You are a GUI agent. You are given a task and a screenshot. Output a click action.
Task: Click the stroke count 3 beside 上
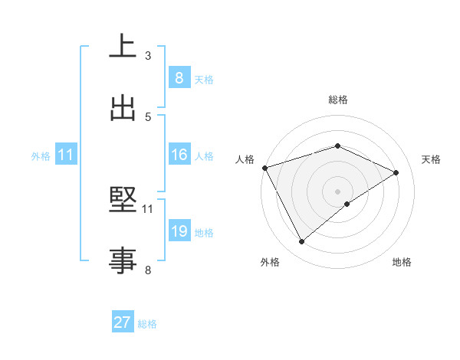(148, 55)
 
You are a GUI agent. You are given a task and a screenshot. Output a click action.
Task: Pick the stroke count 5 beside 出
(148, 116)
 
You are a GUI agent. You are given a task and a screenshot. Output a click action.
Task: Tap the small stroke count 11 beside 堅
(148, 208)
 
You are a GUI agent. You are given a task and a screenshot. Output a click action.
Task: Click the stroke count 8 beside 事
(148, 270)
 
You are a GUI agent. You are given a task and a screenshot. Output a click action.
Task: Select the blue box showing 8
(179, 78)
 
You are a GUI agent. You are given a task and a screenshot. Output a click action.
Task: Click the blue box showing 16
(179, 155)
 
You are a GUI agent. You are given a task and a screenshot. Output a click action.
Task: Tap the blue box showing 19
(179, 231)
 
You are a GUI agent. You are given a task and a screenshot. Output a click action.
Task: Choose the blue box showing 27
(122, 323)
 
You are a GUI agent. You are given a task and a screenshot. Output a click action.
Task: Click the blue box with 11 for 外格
(66, 155)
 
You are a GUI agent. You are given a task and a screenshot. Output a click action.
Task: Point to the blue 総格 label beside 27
(147, 324)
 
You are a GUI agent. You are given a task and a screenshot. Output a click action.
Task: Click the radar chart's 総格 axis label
(338, 100)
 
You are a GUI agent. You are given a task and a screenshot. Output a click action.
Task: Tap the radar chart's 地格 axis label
(402, 262)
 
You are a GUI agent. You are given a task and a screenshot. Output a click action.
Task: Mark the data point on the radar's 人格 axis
(264, 168)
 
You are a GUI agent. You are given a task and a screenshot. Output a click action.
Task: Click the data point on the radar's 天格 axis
(396, 172)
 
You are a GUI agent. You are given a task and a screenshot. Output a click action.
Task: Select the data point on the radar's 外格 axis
(301, 242)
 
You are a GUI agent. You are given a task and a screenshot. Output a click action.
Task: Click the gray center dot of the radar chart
(338, 191)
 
